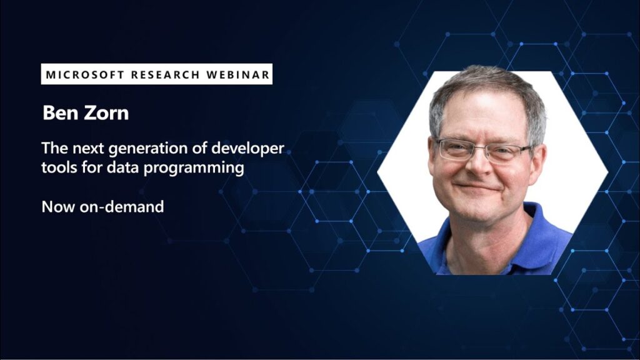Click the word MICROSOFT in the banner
point(85,75)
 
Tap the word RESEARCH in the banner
point(165,75)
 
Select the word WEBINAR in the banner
point(238,75)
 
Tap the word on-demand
point(122,206)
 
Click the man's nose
point(480,164)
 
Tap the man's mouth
point(477,187)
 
